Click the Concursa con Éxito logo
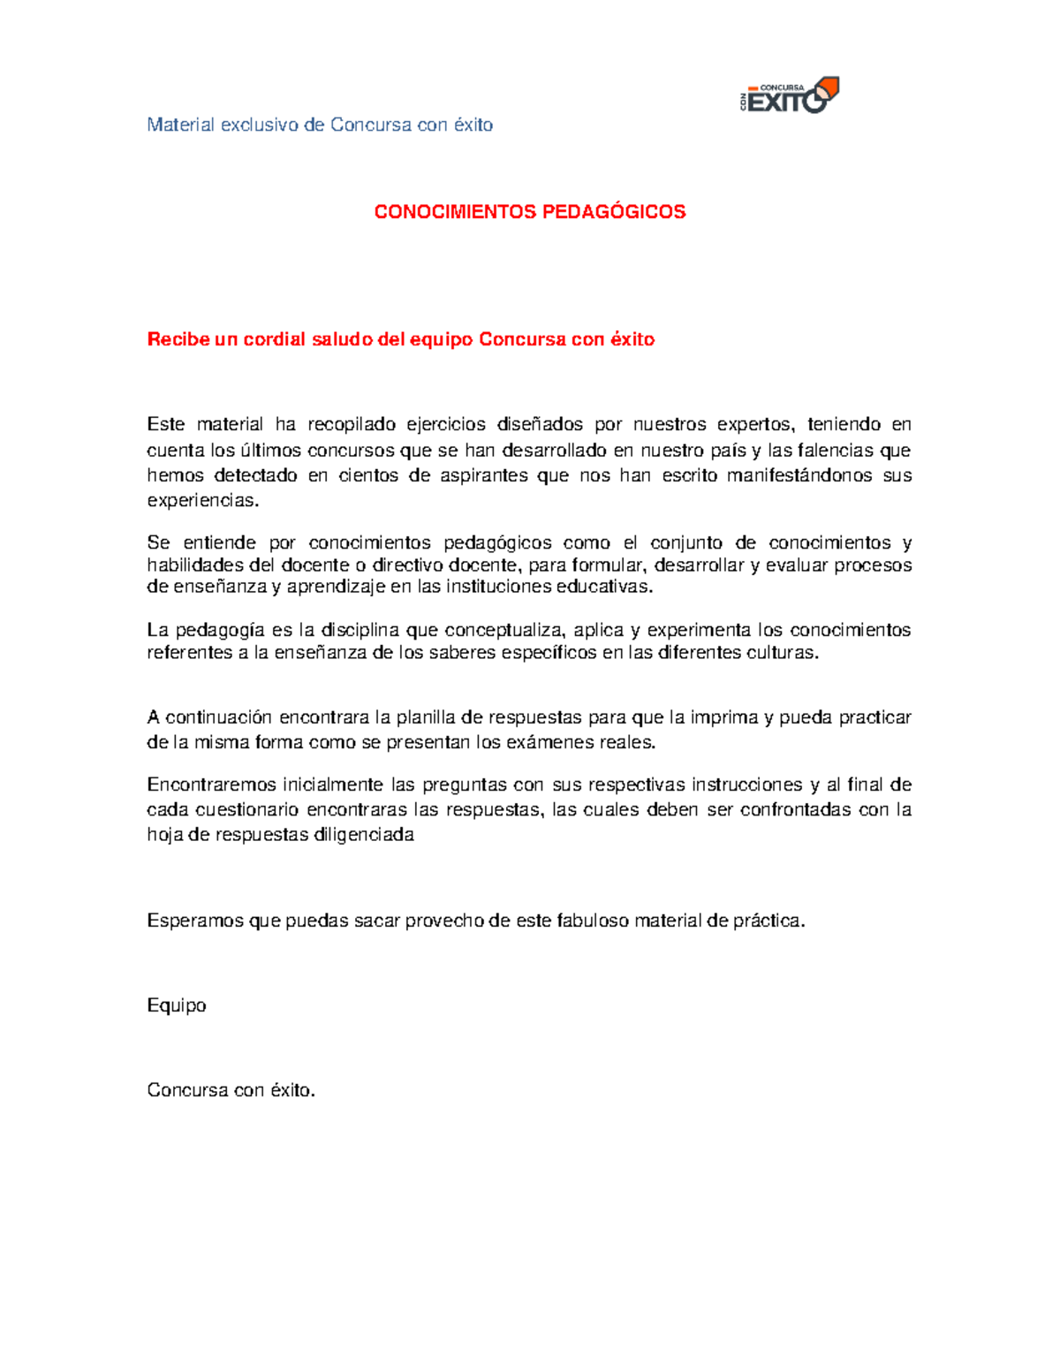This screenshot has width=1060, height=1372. tap(789, 95)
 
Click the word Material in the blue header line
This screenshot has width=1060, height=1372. tap(180, 125)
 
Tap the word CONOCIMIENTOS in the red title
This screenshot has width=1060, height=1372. tap(455, 212)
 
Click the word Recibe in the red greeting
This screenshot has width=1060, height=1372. tap(178, 339)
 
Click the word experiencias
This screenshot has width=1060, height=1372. tap(203, 501)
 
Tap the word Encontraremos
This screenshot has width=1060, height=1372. tap(211, 785)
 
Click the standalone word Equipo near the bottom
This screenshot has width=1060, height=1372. tap(176, 1005)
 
